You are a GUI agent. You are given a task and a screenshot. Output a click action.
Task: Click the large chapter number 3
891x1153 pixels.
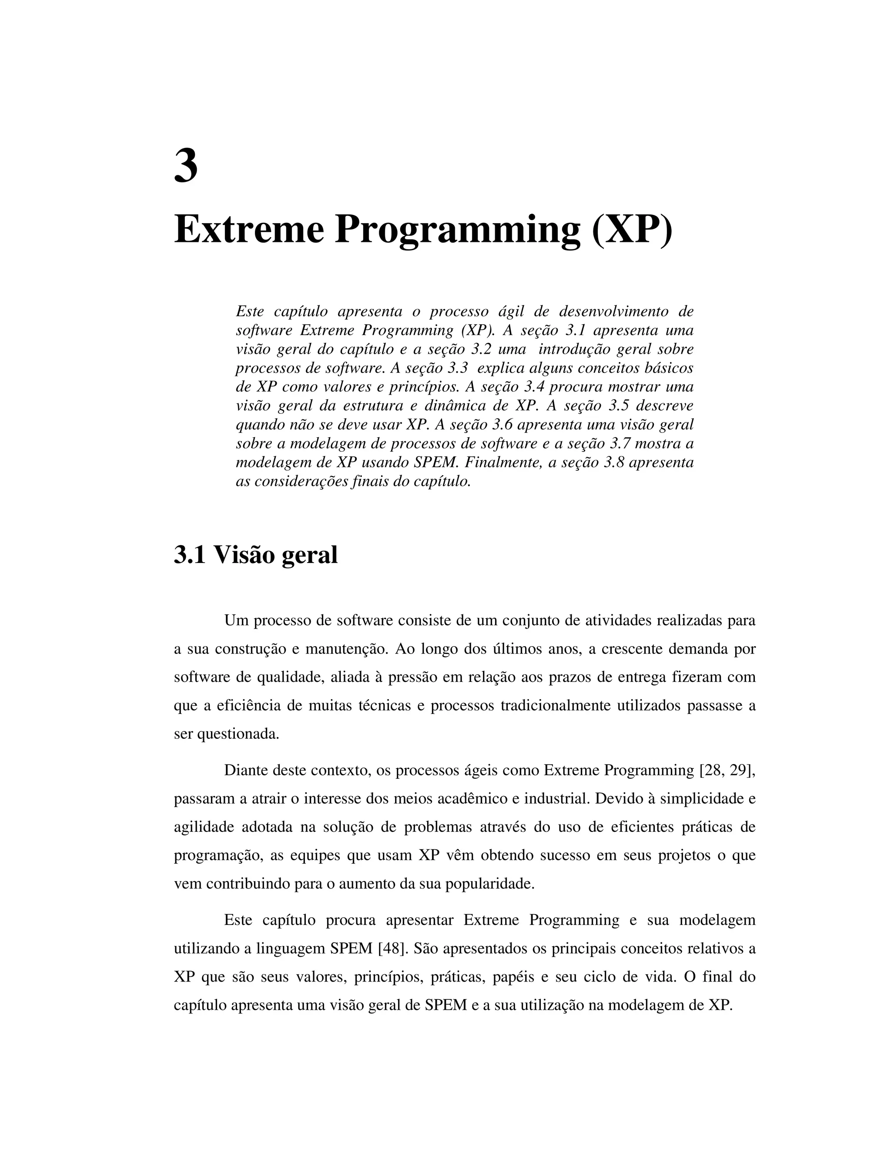(x=186, y=166)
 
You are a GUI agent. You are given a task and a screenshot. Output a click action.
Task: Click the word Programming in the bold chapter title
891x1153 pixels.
(x=457, y=230)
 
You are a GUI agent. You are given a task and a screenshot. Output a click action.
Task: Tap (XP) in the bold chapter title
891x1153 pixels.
(x=632, y=230)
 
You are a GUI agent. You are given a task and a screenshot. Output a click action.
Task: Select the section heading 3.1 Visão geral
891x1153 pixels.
(x=255, y=555)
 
